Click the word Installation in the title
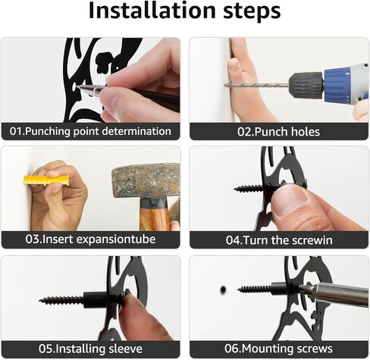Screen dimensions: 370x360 coord(152,11)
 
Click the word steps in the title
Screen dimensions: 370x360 coord(252,11)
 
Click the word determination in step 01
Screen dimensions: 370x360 coord(136,131)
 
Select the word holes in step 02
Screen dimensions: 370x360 coord(305,132)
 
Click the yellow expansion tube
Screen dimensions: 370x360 coord(46,180)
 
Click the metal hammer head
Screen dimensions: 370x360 coord(146,180)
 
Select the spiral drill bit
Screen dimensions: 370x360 coord(256,86)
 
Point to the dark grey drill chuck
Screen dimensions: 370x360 coord(306,84)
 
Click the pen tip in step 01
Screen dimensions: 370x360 coord(78,87)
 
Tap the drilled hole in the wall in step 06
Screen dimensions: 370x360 coord(223,290)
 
